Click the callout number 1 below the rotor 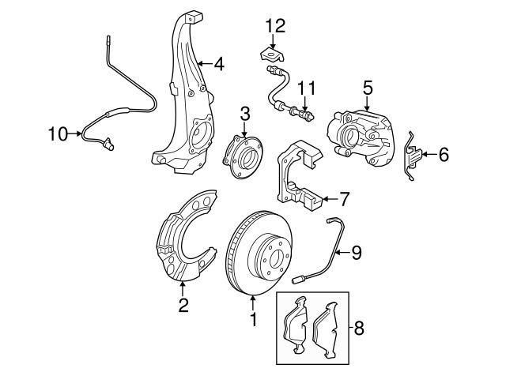coord(253,321)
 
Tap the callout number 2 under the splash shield coord(183,305)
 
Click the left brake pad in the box coord(296,324)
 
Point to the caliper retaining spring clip coord(413,158)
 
